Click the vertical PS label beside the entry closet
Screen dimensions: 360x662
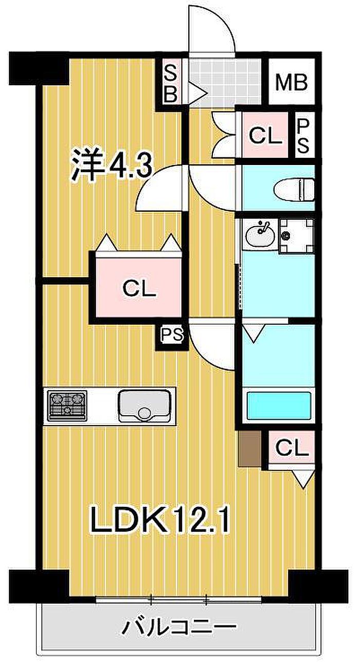tap(302, 137)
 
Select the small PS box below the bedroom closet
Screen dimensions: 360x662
tap(172, 335)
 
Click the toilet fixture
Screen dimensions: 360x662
tap(294, 189)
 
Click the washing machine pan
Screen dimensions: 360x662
tap(296, 235)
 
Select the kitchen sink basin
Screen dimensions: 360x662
tap(145, 406)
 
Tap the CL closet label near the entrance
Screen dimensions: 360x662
tap(265, 136)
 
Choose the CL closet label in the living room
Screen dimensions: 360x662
tap(292, 448)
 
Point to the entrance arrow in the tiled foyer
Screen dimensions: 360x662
tap(196, 94)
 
